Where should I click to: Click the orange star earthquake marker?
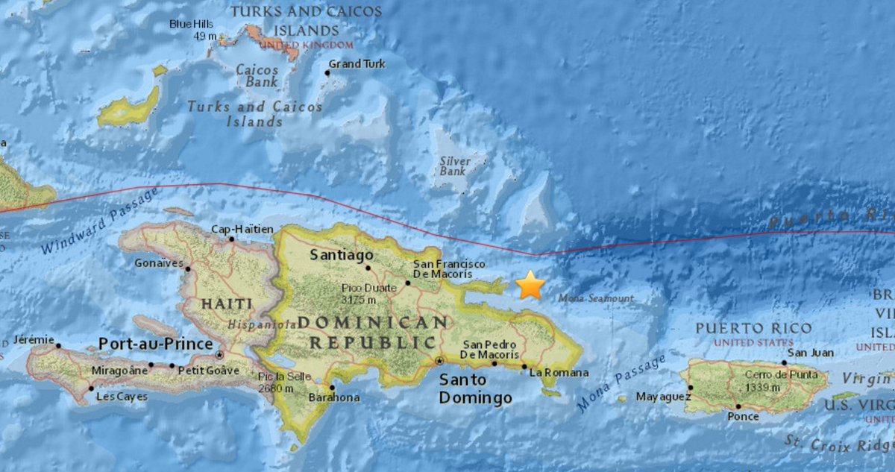pos(530,285)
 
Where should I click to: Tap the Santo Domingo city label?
pos(475,388)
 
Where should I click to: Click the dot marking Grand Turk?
pos(327,73)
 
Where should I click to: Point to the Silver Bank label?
pos(455,166)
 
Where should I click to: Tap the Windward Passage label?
pos(100,221)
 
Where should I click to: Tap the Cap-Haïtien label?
pos(242,229)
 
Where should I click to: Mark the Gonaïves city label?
pos(158,262)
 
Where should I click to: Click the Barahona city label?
pos(334,397)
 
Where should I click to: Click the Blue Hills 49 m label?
pos(192,30)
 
